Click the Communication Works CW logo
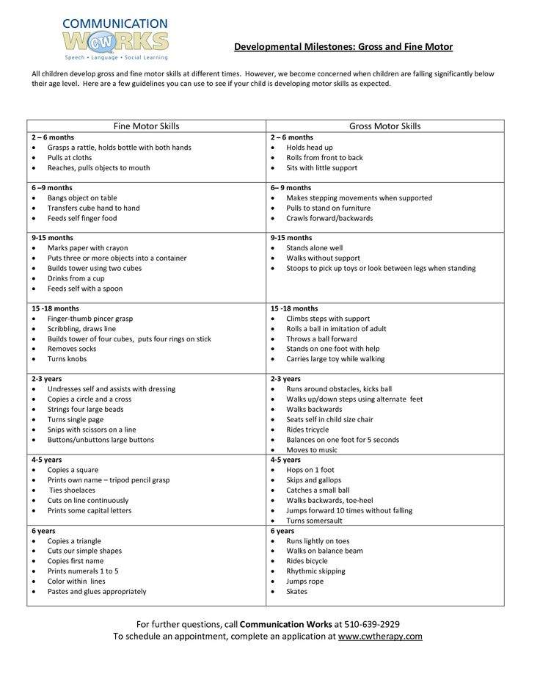115,39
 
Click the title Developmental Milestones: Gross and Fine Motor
343,47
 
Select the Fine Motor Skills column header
146,126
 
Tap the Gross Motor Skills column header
384,126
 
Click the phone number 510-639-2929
372,624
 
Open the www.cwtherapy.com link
380,637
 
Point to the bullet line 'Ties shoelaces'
72,490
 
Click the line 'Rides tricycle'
307,430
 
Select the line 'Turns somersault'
314,521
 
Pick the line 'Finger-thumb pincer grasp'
90,319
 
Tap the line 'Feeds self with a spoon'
85,289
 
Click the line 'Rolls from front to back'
324,158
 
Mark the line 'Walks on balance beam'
324,551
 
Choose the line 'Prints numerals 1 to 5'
83,571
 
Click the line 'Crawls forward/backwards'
329,218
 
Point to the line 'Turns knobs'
67,359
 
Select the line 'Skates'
296,592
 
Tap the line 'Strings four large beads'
85,410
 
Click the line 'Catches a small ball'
318,490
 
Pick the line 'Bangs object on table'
82,198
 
